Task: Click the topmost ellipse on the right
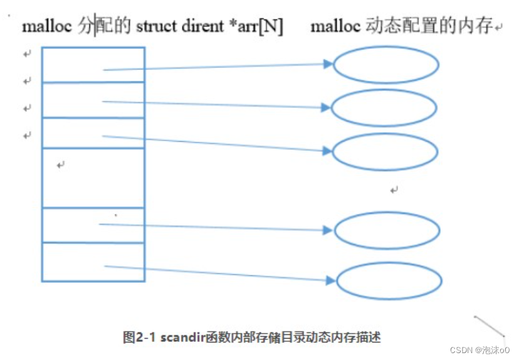coord(385,65)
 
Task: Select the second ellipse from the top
coord(384,108)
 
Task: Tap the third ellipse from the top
coord(384,152)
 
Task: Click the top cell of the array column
coord(93,64)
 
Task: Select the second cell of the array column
coord(93,100)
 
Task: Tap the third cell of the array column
coord(93,133)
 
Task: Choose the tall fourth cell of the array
coord(93,177)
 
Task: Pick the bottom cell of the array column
coord(93,262)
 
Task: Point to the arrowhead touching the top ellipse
coord(327,63)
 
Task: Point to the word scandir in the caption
coord(182,337)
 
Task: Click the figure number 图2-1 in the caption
coord(140,337)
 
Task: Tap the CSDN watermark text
coord(461,349)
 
